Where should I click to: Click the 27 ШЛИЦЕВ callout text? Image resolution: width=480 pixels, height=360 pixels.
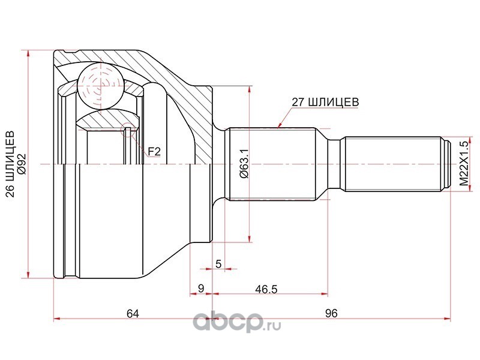click(325, 102)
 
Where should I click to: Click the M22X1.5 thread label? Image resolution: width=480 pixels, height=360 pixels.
click(464, 164)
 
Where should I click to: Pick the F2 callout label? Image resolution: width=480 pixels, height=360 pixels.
click(154, 151)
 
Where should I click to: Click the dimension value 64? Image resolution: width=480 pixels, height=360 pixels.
click(133, 313)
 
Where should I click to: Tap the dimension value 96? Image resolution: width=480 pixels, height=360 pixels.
click(331, 313)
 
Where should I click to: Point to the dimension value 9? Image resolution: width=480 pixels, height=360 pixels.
click(201, 288)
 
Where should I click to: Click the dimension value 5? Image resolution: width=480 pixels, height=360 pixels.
click(218, 263)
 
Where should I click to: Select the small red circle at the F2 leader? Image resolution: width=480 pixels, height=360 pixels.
click(128, 130)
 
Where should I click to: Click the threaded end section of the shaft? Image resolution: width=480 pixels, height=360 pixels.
click(395, 164)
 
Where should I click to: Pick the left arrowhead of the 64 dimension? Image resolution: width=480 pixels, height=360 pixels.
click(57, 319)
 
